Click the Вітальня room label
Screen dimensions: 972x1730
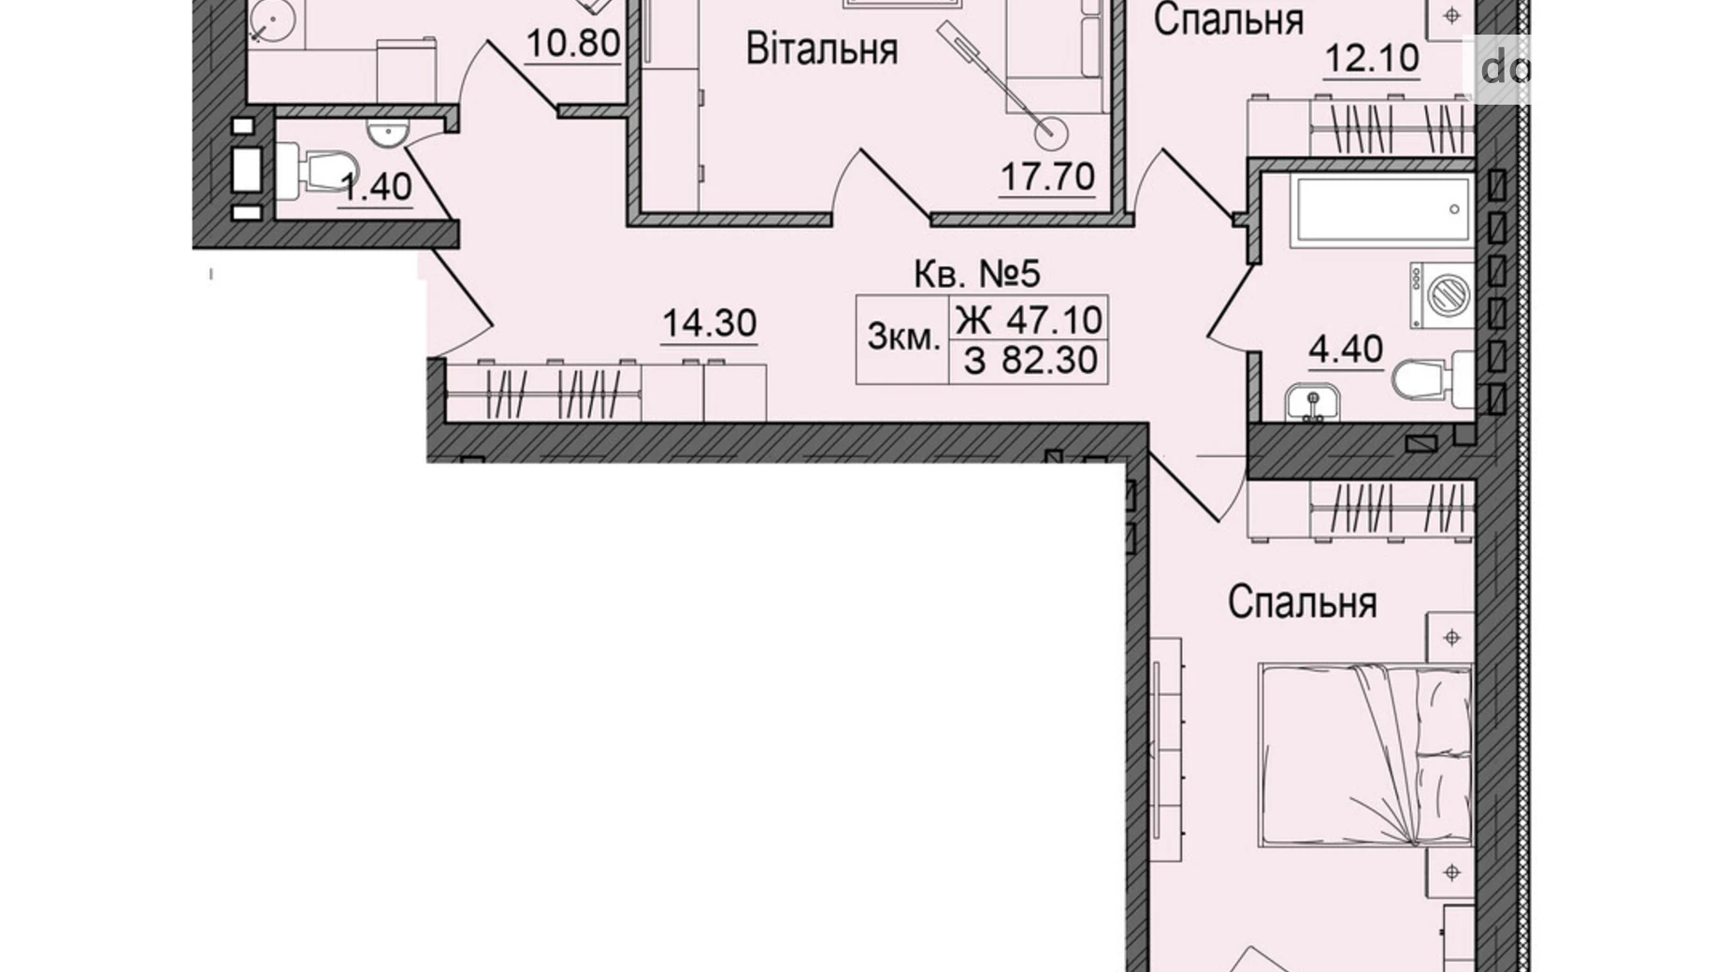pos(821,50)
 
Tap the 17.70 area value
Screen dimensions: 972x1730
pos(1047,175)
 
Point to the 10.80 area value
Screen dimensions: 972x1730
pos(572,42)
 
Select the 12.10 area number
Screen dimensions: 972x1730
pos(1372,59)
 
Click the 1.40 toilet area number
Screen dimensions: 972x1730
pos(376,187)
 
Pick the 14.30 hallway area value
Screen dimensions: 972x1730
pos(709,323)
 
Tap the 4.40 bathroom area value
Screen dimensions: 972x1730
pos(1345,349)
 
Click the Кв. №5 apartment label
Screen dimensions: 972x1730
pos(976,275)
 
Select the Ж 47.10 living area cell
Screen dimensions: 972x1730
pos(1029,320)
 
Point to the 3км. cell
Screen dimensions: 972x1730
pos(902,336)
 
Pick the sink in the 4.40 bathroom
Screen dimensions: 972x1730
pos(1311,404)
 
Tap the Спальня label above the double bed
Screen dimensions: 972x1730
pos(1302,603)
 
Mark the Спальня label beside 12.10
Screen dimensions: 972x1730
pos(1228,20)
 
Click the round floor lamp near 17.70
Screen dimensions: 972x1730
pos(1053,131)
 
